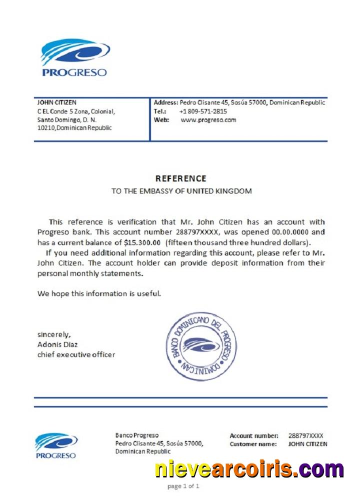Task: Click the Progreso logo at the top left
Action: click(74, 58)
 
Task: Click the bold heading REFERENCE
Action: click(180, 178)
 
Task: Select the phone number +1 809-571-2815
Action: click(203, 111)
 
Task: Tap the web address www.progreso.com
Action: click(208, 120)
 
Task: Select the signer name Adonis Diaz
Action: click(57, 344)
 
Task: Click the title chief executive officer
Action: click(76, 354)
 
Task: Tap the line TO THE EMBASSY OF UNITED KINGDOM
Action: click(181, 191)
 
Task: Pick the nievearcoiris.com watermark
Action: click(249, 469)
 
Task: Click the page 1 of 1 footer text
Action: click(183, 486)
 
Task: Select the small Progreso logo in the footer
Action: click(56, 445)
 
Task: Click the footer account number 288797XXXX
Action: click(306, 436)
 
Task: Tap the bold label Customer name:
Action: click(253, 444)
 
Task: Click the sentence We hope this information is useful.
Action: click(99, 293)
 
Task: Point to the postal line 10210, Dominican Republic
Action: click(74, 128)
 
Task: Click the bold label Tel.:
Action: click(160, 111)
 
